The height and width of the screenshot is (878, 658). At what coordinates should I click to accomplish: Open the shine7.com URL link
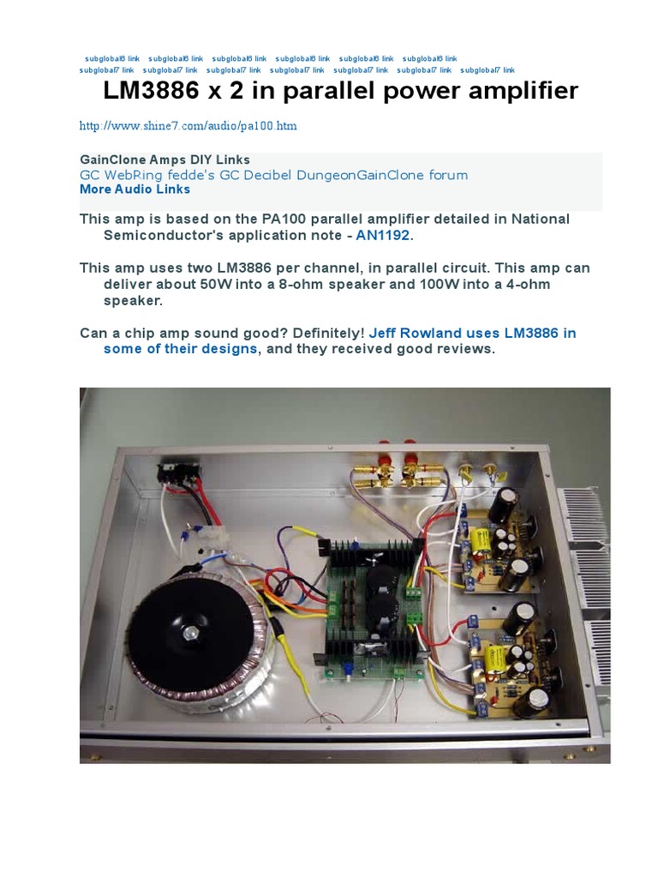coord(188,126)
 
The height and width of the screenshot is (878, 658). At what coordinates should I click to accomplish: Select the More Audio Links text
coord(135,189)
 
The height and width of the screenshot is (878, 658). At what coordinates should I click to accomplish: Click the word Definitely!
coord(323,333)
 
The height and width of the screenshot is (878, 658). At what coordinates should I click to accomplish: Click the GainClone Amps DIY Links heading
coord(164,159)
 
